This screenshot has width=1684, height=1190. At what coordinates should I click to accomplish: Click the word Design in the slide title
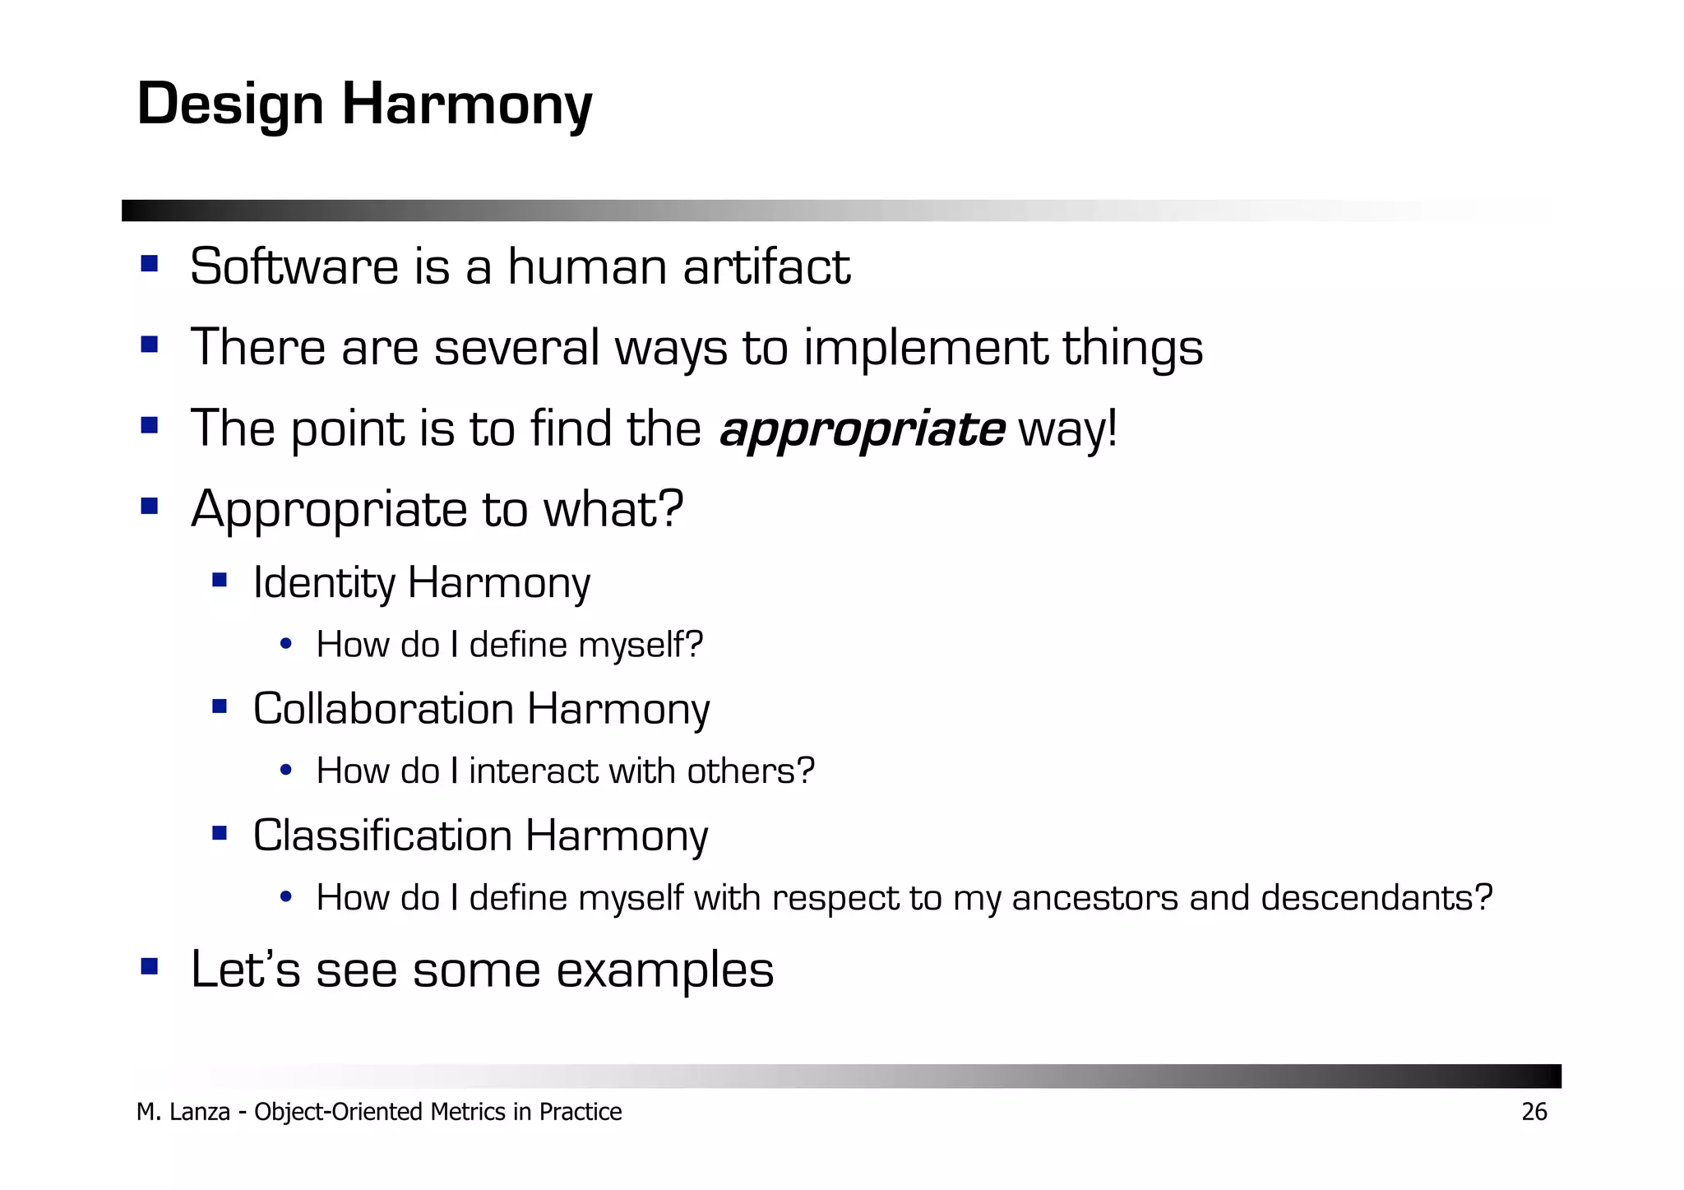(230, 104)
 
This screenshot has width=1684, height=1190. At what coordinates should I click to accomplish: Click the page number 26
(1534, 1112)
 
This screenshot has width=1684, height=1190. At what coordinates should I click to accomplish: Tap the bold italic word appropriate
(862, 429)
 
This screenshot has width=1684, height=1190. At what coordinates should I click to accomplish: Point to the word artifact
(766, 267)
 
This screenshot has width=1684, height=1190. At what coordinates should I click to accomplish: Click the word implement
(925, 348)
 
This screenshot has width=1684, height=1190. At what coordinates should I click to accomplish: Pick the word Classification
(382, 836)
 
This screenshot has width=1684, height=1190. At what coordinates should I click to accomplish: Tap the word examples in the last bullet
(664, 970)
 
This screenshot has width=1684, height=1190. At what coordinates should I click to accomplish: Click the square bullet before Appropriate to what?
(149, 506)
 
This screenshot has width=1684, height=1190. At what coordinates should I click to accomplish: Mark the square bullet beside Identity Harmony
(219, 581)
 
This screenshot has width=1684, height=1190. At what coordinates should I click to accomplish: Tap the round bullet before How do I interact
(285, 771)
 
